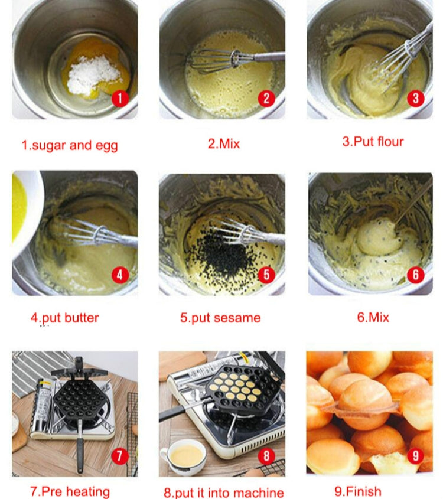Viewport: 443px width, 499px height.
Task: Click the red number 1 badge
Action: [x=120, y=98]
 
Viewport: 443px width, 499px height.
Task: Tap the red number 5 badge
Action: [x=266, y=274]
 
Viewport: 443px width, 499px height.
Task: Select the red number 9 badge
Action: [x=415, y=455]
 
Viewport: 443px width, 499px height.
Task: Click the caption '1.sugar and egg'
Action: [x=70, y=145]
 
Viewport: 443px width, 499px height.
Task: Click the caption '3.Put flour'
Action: [x=373, y=142]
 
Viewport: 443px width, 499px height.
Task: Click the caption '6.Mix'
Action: [x=373, y=317]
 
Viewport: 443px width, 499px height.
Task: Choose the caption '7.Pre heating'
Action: [x=70, y=491]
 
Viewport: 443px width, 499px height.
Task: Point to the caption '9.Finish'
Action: [x=358, y=491]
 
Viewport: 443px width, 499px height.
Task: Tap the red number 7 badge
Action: [x=120, y=455]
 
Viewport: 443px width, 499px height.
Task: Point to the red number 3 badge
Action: [x=415, y=98]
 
